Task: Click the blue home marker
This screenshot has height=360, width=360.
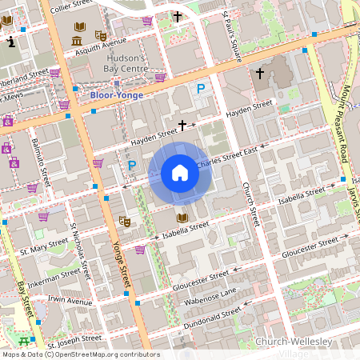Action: (x=180, y=173)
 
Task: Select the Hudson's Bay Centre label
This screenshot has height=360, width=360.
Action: (x=126, y=63)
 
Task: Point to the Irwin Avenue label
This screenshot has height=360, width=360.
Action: (x=70, y=302)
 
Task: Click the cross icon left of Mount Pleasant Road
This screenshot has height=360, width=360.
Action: (x=258, y=74)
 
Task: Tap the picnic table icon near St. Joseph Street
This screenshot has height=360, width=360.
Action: (x=38, y=322)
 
